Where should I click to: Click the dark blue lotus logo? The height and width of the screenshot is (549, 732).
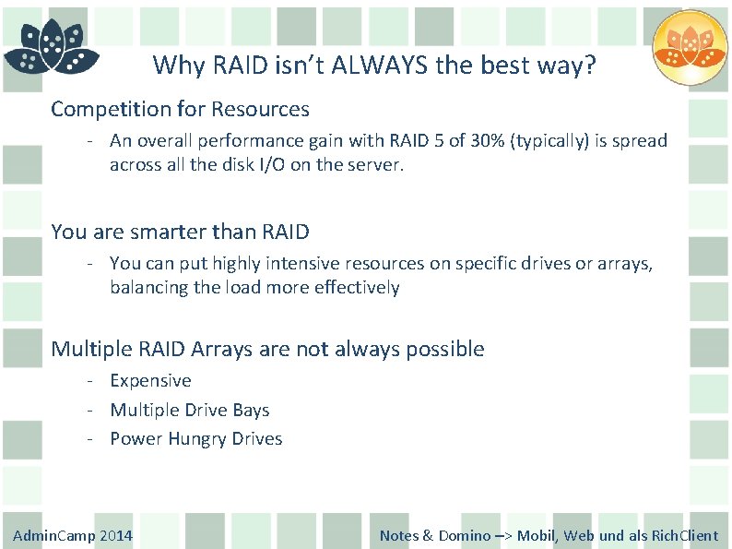(51, 48)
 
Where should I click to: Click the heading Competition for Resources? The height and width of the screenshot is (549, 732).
(180, 109)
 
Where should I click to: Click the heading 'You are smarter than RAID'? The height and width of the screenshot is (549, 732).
(180, 232)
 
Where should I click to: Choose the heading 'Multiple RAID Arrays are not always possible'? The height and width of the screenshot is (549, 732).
(267, 349)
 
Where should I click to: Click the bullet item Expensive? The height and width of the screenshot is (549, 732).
(150, 381)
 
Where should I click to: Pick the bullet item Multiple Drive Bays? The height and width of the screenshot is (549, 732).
(189, 410)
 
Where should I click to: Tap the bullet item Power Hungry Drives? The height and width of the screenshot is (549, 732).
(195, 439)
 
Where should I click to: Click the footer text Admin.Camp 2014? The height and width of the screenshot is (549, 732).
(73, 535)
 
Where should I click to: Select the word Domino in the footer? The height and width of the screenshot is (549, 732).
(465, 535)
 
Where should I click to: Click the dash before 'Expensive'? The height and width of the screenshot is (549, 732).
(92, 381)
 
